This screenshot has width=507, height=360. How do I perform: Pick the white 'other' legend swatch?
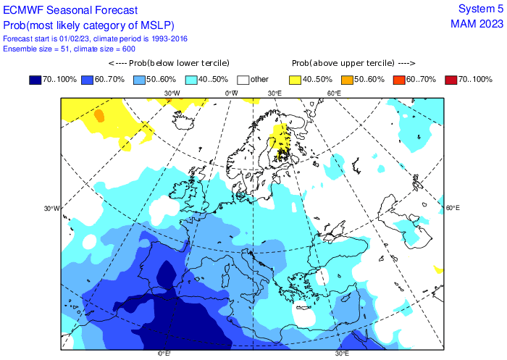point(243,79)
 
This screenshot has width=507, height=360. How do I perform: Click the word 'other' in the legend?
point(260,79)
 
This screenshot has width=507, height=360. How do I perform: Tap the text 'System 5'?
point(480,9)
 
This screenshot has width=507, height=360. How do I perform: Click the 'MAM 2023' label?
point(476,23)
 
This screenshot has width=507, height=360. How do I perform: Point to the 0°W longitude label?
point(231,93)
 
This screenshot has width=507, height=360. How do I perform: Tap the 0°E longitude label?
point(164,353)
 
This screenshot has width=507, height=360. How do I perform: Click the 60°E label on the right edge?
point(453,208)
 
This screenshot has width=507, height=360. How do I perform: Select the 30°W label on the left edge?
point(51,209)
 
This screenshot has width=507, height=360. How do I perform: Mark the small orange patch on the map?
point(99,115)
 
